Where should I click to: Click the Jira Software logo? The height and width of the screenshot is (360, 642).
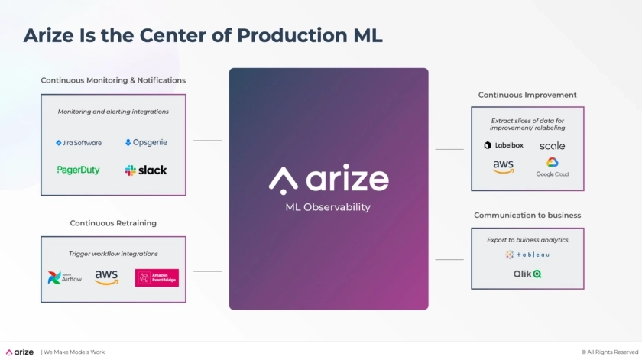tap(79, 143)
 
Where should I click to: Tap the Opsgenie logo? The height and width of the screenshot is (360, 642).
tap(146, 142)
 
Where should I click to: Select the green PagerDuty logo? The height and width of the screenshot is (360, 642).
tap(79, 170)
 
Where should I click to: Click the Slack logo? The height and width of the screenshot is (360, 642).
tap(146, 170)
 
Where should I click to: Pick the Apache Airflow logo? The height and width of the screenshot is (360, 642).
tap(65, 277)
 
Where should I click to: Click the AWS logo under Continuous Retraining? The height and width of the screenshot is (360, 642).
tap(107, 277)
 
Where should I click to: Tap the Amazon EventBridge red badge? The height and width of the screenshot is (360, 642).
tap(157, 277)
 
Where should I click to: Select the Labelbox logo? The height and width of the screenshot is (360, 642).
tap(504, 145)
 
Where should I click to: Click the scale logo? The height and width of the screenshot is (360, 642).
tap(552, 145)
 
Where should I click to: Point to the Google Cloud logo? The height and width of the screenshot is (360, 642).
tap(552, 167)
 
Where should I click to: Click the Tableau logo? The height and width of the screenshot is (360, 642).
tap(527, 255)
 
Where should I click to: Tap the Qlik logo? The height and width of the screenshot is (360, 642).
tap(527, 273)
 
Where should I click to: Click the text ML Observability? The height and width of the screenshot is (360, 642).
tap(328, 207)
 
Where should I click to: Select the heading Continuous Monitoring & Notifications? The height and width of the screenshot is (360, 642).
tap(113, 80)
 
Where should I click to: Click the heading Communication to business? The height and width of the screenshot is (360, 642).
tap(527, 216)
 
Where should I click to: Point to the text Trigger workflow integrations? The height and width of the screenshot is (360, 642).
tap(113, 254)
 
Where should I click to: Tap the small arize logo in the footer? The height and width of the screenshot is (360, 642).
tap(20, 352)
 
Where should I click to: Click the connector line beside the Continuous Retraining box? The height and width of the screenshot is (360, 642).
tap(207, 271)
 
